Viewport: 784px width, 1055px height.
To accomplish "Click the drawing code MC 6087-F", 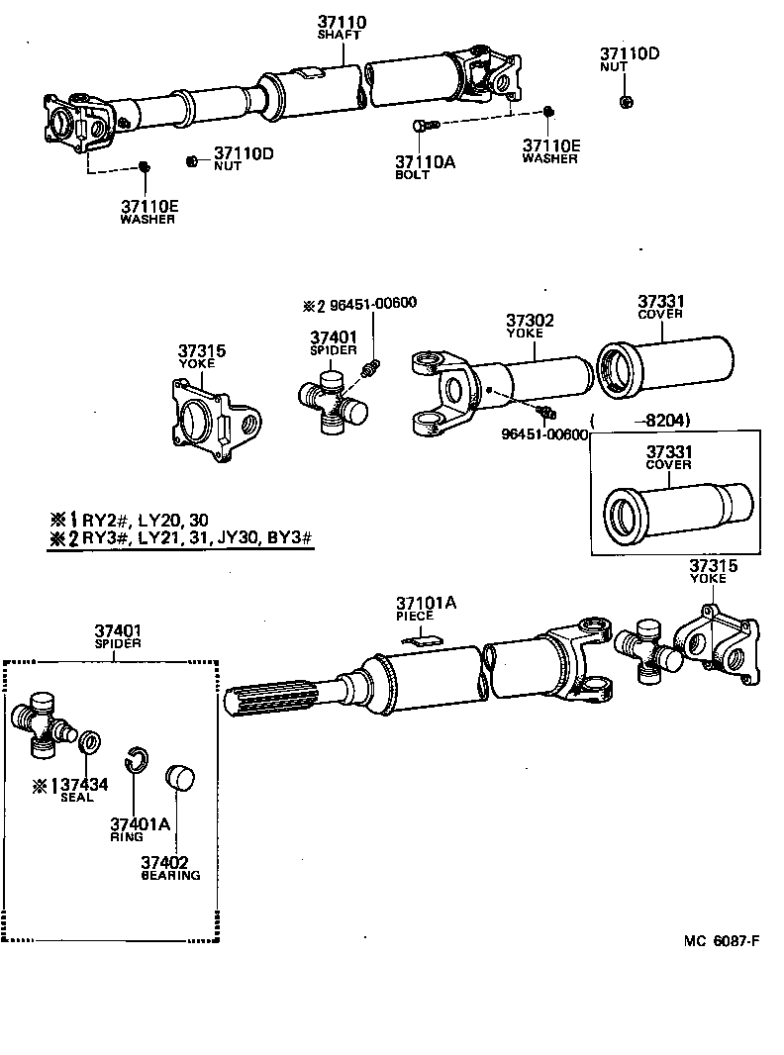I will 721,940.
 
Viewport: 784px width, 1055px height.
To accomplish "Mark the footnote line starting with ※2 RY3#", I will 180,538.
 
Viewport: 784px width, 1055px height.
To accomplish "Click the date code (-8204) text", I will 640,420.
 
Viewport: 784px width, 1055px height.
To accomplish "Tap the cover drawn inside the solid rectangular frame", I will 673,505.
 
